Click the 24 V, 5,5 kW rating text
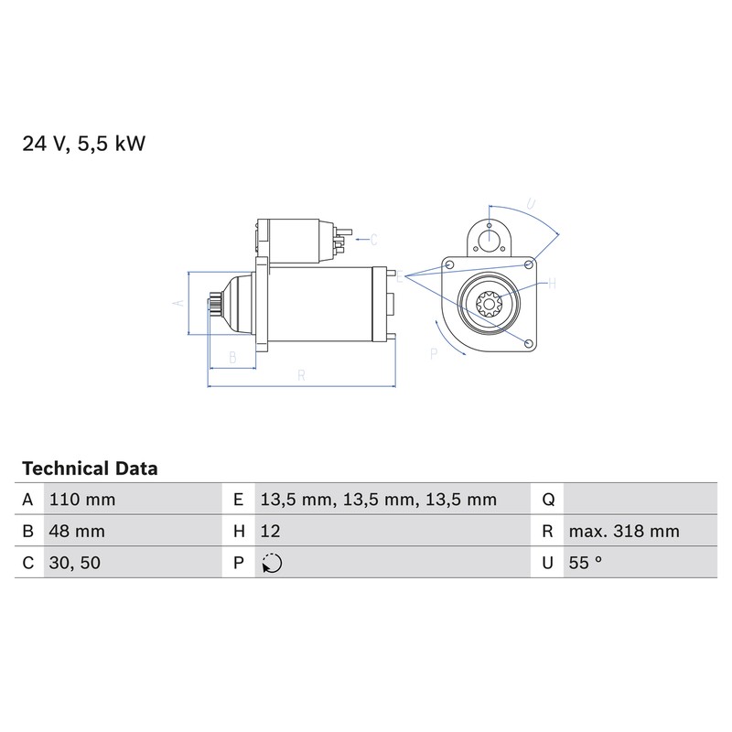(84, 144)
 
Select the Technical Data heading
(90, 468)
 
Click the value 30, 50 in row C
(75, 563)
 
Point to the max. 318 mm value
(624, 532)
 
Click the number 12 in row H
(270, 532)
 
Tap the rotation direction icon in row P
(272, 563)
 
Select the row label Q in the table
(548, 500)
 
